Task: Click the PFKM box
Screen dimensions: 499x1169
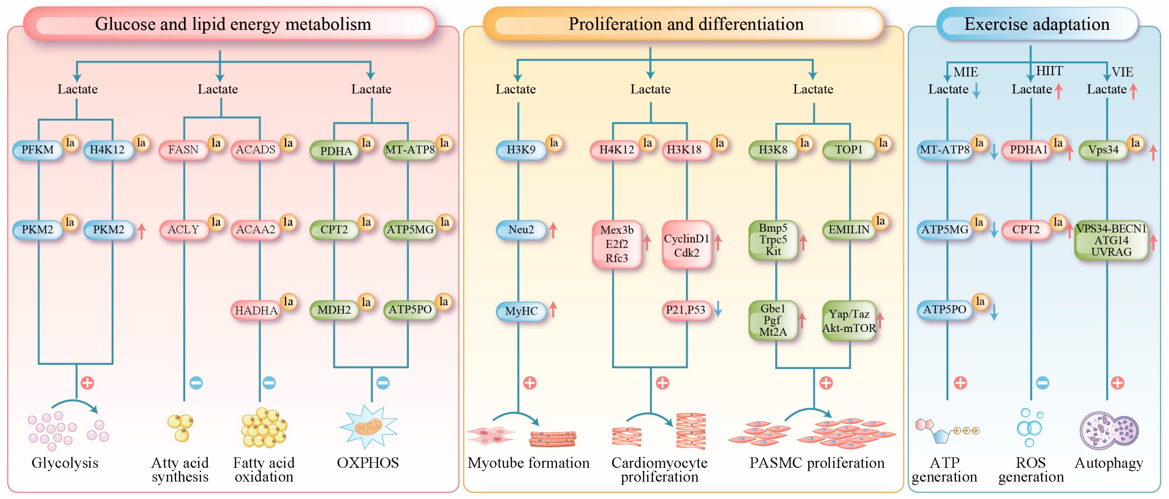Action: tap(38, 150)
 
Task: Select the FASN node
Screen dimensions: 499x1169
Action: tap(183, 150)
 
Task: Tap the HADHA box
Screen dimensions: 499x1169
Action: tap(256, 310)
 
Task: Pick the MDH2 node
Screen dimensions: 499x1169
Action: tap(334, 310)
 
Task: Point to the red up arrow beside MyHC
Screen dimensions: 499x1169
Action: tap(553, 309)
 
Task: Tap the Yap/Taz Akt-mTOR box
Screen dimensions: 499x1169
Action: tap(849, 321)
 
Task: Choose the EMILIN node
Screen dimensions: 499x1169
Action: tap(849, 230)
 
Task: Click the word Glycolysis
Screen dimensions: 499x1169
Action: tap(65, 463)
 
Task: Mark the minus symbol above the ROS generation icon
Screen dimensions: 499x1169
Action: tap(1042, 383)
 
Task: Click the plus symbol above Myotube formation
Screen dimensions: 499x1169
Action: tap(529, 383)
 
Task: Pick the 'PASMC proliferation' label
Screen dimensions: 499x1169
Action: tap(817, 463)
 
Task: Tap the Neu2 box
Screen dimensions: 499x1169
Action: tap(521, 230)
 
